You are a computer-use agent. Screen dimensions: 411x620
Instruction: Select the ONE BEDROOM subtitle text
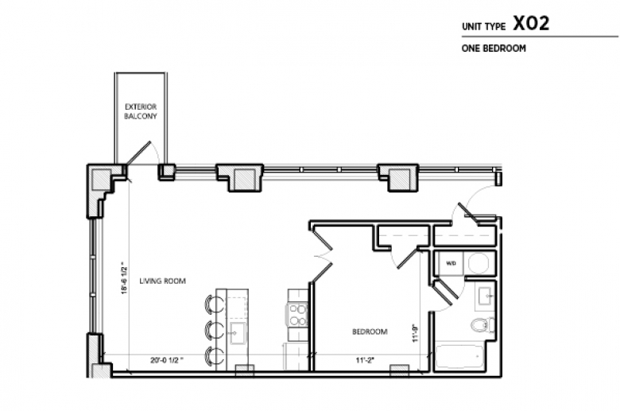(x=494, y=48)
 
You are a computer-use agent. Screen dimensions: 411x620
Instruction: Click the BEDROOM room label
(x=370, y=332)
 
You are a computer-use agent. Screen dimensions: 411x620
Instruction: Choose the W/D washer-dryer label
(x=450, y=263)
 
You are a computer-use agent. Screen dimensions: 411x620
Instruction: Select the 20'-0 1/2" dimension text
(x=166, y=359)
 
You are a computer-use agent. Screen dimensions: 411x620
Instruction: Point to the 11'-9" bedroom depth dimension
(x=414, y=332)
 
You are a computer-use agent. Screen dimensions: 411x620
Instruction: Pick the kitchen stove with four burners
(x=296, y=315)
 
